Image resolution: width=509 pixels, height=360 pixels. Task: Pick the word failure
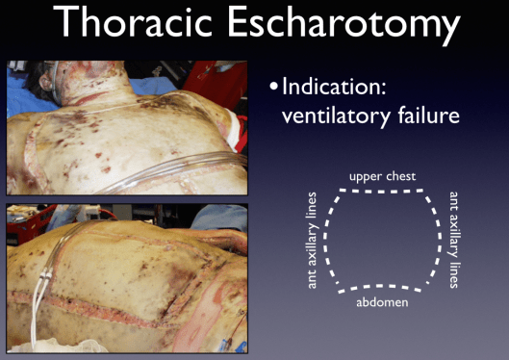(x=425, y=117)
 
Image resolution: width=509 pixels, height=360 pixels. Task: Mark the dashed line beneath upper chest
(x=383, y=190)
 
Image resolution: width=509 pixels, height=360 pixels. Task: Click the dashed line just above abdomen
(x=384, y=287)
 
